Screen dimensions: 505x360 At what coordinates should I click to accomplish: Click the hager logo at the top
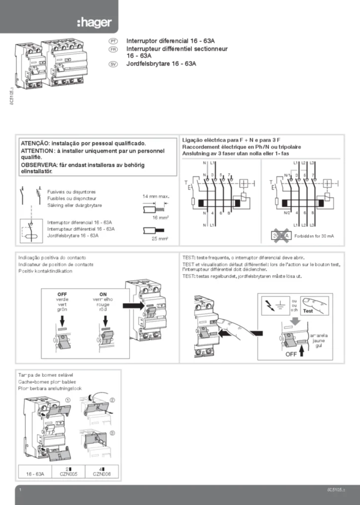tap(94, 22)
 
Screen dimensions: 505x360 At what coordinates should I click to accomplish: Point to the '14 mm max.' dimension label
tap(156, 196)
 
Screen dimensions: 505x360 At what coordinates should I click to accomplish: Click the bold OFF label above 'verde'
tap(62, 294)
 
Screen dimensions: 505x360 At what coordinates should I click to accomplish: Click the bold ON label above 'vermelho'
tap(103, 294)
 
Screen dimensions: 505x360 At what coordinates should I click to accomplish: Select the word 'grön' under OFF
tap(62, 310)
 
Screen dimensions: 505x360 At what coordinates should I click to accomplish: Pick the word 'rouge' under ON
tap(103, 305)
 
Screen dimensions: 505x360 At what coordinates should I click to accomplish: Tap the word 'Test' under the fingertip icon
tap(308, 311)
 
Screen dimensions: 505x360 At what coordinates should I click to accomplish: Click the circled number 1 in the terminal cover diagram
tap(68, 400)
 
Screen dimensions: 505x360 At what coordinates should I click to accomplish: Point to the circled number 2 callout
tap(112, 400)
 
